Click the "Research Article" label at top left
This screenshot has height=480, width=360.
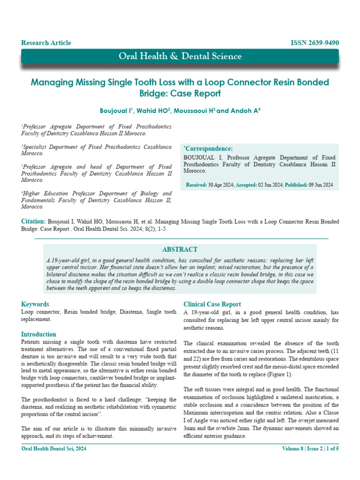[x=46, y=43]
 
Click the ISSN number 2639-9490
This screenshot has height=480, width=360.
[x=315, y=43]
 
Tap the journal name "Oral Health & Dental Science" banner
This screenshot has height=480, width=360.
[x=180, y=57]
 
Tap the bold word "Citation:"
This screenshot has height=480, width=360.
[x=33, y=221]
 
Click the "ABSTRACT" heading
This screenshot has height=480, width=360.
[x=180, y=250]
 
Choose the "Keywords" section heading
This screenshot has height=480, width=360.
[x=35, y=304]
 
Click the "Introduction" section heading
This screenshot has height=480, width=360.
[x=38, y=334]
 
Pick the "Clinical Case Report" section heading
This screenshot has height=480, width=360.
[x=212, y=304]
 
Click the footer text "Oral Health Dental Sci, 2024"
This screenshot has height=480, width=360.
[x=54, y=449]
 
